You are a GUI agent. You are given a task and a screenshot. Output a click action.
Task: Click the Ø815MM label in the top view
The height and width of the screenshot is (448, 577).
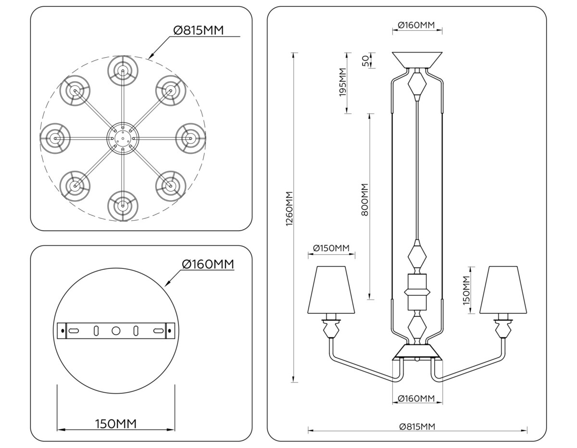(x=198, y=30)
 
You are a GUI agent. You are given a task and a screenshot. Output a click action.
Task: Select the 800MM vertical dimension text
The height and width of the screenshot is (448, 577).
(x=364, y=199)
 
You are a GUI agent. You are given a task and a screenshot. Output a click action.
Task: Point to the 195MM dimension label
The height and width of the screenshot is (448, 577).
(x=343, y=83)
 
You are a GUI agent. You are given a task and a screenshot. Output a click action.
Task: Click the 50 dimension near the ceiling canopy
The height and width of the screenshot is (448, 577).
(x=365, y=61)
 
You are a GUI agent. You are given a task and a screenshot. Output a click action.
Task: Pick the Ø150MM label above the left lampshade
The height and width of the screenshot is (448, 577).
(x=331, y=248)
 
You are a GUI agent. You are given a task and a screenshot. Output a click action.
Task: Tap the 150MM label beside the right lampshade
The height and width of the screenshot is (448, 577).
(x=466, y=291)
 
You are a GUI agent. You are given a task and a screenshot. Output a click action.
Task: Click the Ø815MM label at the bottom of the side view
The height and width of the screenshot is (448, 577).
(x=417, y=426)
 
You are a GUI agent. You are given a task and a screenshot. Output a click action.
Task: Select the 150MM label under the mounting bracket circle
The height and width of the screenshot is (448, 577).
(x=116, y=424)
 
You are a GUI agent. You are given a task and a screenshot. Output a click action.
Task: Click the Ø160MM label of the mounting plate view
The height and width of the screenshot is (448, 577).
(x=208, y=264)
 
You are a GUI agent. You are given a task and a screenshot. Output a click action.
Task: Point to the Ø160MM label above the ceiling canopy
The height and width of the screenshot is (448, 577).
(x=416, y=25)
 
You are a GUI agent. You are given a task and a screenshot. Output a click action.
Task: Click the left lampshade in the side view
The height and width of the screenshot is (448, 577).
(x=331, y=290)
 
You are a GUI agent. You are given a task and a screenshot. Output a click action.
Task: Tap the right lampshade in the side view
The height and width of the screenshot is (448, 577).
(x=503, y=290)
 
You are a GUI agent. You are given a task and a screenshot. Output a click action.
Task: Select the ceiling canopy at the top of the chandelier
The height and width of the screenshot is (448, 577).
(x=417, y=60)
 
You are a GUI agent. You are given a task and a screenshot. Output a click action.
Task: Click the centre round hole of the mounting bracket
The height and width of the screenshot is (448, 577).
(x=116, y=331)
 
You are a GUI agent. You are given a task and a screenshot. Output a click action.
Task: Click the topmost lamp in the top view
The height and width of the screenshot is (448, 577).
(x=123, y=71)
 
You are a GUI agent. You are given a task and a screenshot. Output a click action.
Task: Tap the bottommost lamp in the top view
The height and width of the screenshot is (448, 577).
(x=123, y=206)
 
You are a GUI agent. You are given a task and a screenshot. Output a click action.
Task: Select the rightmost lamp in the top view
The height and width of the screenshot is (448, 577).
(x=190, y=138)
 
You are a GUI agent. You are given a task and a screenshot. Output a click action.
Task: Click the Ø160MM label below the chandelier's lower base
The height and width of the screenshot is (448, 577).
(x=416, y=399)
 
